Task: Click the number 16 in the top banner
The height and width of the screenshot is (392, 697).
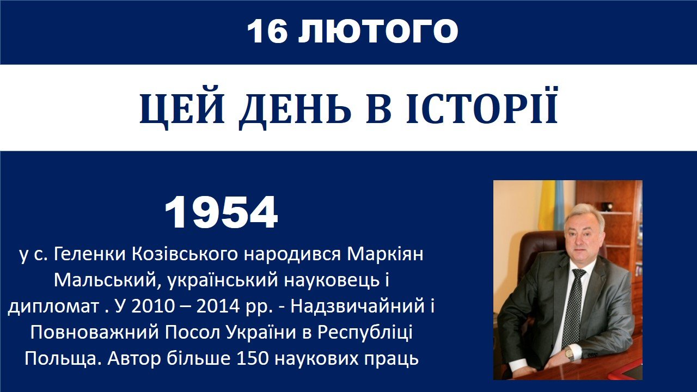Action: click(x=267, y=31)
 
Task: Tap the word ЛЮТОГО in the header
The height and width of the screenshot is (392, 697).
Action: click(x=378, y=31)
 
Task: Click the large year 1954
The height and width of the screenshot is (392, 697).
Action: click(x=221, y=212)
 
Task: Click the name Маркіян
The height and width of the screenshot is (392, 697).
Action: click(x=385, y=254)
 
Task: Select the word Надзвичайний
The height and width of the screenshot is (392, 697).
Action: click(x=358, y=307)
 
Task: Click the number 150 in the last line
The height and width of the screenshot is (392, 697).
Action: click(x=252, y=358)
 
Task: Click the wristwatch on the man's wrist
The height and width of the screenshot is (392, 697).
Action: click(x=570, y=354)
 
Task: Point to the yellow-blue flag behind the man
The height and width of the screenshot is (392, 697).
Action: click(x=552, y=205)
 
